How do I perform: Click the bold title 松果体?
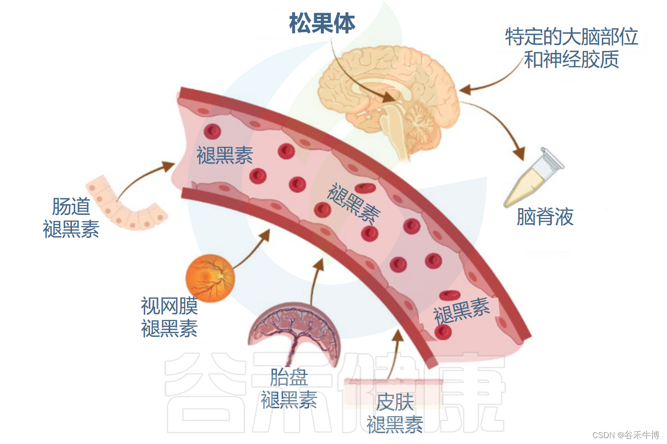[x=322, y=23]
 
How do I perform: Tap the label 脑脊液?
[x=545, y=216]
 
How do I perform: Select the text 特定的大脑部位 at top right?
[x=571, y=37]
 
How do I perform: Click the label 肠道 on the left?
[x=71, y=207]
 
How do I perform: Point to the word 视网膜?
[x=169, y=306]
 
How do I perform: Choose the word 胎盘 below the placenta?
[x=289, y=377]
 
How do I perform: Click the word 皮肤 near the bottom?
[x=395, y=402]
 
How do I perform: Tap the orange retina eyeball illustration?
[x=210, y=278]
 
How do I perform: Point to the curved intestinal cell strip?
[x=125, y=206]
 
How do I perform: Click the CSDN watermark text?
[x=625, y=435]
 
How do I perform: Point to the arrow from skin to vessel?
[x=395, y=355]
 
